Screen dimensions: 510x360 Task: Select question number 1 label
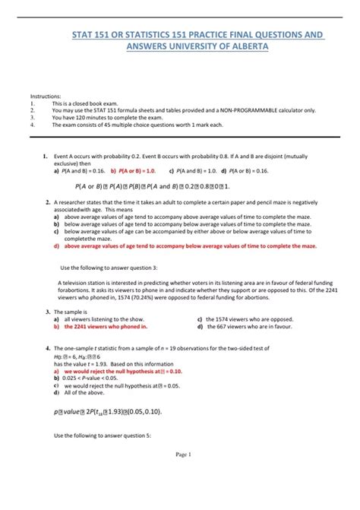click(46, 157)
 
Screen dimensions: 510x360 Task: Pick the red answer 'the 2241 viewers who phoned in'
click(105, 326)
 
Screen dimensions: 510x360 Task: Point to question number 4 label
click(46, 348)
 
